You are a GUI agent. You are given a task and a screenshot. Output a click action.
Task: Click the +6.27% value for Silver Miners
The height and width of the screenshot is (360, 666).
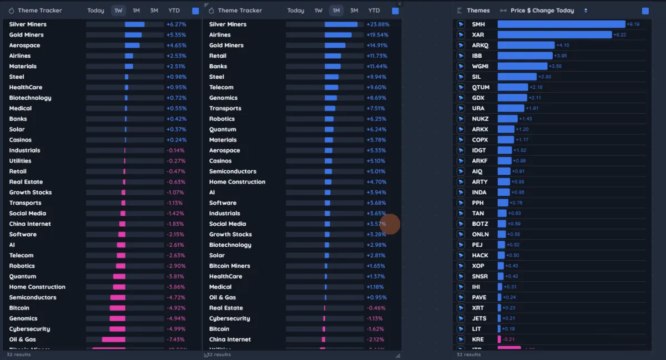coord(176,24)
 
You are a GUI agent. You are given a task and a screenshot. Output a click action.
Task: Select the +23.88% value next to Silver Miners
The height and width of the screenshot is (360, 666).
coord(377,24)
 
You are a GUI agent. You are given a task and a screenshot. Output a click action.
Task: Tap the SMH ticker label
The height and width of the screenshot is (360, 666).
coord(478,24)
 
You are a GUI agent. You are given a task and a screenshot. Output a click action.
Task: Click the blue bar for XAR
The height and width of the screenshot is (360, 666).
coord(554,35)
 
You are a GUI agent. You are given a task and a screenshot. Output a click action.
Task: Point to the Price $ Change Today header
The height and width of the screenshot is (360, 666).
coord(542,11)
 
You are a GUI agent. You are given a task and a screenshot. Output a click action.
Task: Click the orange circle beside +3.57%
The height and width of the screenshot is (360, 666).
coord(391,224)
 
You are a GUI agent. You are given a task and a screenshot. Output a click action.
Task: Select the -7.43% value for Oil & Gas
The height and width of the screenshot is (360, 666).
coord(176,339)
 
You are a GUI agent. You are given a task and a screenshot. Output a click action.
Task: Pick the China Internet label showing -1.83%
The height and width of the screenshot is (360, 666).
coord(30,224)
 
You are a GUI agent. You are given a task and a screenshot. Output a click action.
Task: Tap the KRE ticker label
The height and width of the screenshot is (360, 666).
coord(477,339)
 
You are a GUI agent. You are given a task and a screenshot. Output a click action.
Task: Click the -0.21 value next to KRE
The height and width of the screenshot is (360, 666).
coord(508,339)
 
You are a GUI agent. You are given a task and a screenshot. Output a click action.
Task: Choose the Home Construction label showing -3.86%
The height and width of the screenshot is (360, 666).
coord(37,287)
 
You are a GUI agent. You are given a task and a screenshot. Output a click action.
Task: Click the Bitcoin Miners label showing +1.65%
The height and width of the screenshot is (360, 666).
coord(229,266)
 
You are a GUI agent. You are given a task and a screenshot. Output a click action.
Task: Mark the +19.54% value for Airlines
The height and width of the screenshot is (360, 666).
coord(377,35)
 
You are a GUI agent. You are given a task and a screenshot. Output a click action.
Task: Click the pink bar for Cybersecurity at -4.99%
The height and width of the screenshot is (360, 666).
coord(117,329)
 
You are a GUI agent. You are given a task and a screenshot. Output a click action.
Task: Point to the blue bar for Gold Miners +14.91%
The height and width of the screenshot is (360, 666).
coord(335,45)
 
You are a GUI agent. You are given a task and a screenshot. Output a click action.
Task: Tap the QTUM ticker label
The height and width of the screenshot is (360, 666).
coord(481,88)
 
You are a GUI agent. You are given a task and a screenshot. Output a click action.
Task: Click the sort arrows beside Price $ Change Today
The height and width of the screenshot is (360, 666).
coord(586,11)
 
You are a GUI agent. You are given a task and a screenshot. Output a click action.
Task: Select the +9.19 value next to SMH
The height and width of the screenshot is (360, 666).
coord(633,24)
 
